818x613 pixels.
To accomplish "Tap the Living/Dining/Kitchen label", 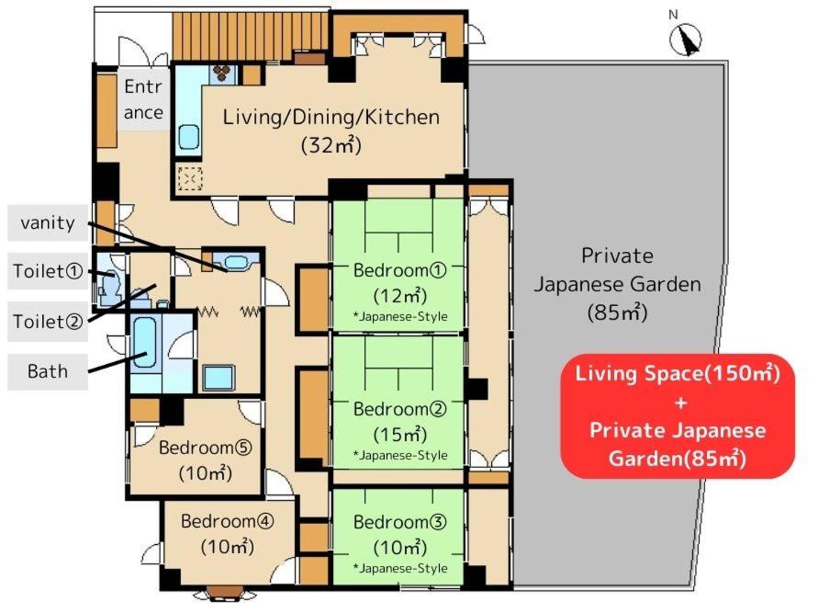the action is [x=331, y=117].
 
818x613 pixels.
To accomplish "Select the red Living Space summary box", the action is [x=678, y=415].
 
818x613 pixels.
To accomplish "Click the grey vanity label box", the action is [x=48, y=223].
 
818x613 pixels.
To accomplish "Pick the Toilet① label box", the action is [x=48, y=271].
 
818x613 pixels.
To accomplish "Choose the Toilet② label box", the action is [x=48, y=321].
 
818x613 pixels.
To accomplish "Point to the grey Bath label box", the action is [x=48, y=371].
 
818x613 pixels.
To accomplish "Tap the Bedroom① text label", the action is [x=399, y=270].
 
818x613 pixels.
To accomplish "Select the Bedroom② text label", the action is [x=399, y=409].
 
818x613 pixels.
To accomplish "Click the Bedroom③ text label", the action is [x=399, y=522].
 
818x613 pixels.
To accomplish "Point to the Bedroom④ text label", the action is [x=228, y=521].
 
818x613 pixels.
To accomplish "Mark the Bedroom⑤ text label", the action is [x=206, y=448].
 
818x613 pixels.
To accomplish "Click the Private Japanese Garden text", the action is [x=617, y=270].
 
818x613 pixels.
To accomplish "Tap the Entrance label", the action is [x=143, y=99].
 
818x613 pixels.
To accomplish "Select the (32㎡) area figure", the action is [x=331, y=144].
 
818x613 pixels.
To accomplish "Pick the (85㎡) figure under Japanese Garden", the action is [x=617, y=312].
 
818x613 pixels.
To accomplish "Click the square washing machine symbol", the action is [x=219, y=377].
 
